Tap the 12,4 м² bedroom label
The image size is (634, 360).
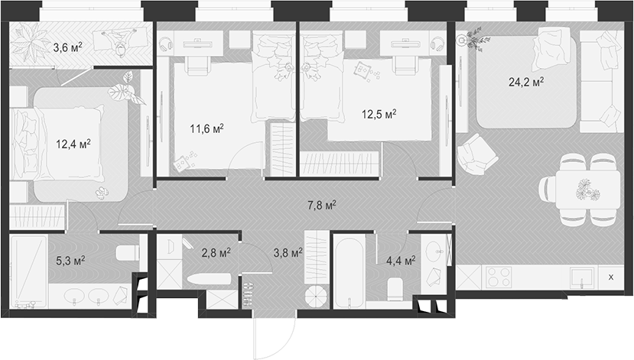point(73,143)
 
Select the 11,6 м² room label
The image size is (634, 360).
point(206,129)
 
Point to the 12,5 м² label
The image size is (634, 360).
point(379,115)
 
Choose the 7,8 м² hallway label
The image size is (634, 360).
point(320,204)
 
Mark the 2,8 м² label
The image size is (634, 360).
point(216,251)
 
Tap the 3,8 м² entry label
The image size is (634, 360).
point(288,251)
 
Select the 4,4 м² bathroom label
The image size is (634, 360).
point(399,261)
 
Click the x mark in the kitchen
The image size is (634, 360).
point(610,277)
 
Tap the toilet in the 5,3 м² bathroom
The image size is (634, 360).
point(126,252)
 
